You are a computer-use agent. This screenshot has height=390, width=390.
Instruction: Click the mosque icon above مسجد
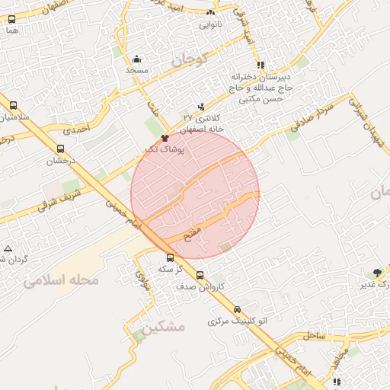(136, 59)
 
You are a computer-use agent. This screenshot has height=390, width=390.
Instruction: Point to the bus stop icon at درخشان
(60, 149)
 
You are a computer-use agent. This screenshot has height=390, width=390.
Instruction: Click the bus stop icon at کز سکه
(170, 257)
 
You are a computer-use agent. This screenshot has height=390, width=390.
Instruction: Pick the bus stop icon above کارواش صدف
(200, 275)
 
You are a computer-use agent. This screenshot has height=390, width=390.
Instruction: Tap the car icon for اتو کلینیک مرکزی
(238, 309)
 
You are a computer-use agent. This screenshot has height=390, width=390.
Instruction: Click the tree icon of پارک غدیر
(377, 273)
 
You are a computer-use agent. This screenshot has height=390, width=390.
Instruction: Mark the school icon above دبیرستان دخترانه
(261, 65)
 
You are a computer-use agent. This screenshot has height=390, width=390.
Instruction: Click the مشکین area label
(164, 328)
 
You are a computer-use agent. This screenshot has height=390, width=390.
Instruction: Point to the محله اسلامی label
(62, 280)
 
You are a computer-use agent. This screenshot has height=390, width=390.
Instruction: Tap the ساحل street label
(314, 335)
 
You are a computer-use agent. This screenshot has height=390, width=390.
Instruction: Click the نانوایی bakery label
(211, 24)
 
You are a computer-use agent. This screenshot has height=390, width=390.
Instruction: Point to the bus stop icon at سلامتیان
(13, 105)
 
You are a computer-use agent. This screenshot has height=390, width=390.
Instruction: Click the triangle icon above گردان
(8, 248)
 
